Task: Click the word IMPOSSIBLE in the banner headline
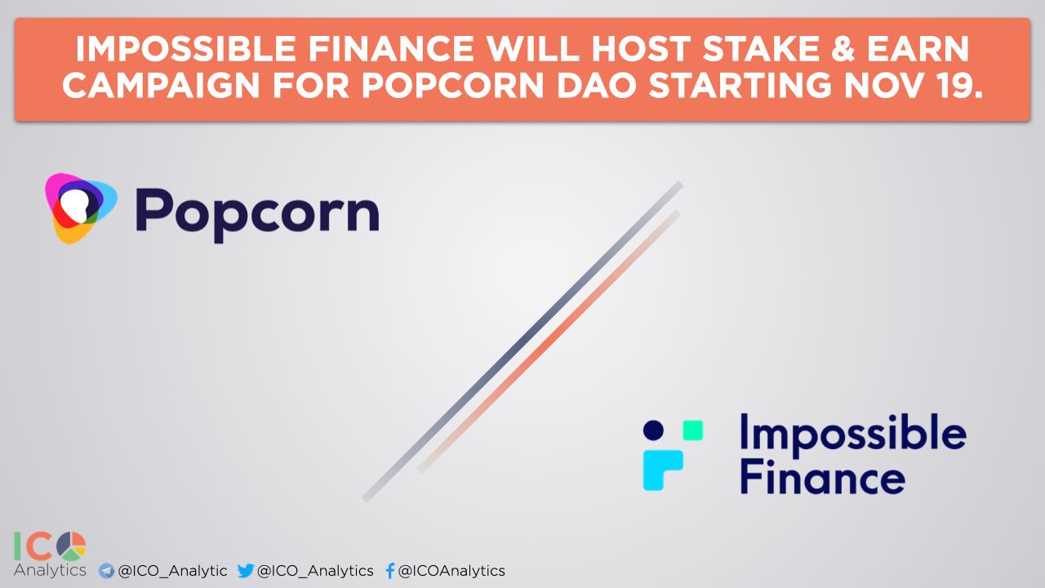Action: click(185, 49)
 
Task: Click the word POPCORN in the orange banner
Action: click(453, 86)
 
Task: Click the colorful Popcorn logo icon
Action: click(81, 208)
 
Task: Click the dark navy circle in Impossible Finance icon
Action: click(653, 430)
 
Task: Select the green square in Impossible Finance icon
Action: click(693, 430)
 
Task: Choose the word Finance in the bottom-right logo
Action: click(822, 476)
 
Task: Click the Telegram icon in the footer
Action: click(106, 571)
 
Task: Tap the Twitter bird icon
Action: click(246, 570)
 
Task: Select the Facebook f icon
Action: click(390, 571)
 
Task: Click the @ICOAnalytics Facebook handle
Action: click(451, 571)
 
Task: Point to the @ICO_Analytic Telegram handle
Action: click(172, 571)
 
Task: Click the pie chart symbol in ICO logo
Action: click(71, 546)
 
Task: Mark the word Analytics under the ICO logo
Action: click(50, 570)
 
